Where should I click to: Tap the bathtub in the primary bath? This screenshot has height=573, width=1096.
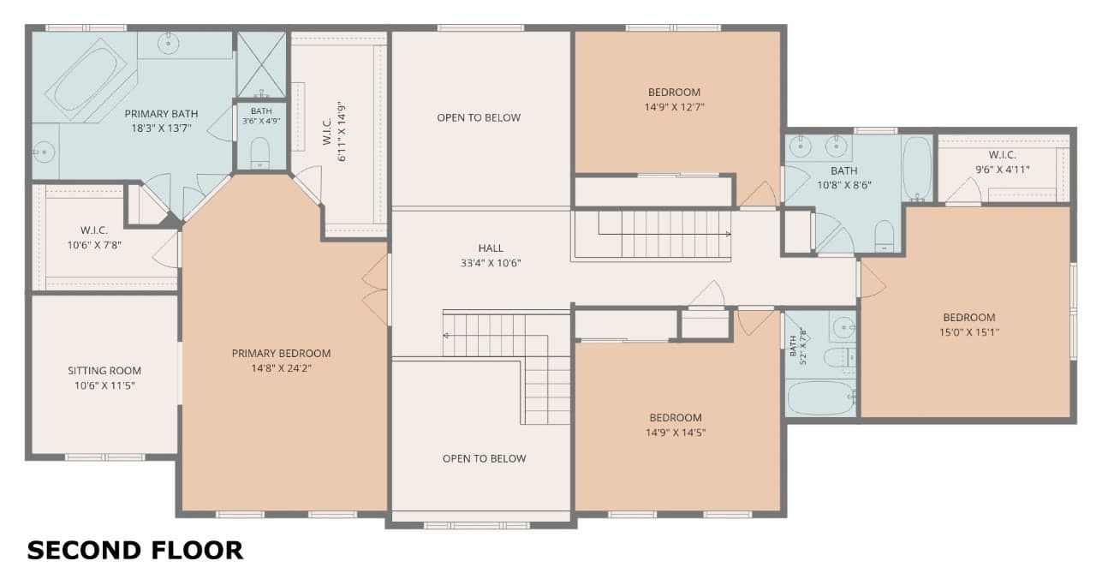[x=86, y=81]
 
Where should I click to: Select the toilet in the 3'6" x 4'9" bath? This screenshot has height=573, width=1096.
[x=259, y=153]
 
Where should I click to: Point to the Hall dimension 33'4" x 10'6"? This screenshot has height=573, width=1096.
[x=491, y=263]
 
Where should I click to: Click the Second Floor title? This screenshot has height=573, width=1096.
[x=135, y=551]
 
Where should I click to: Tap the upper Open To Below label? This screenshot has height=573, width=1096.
[x=479, y=118]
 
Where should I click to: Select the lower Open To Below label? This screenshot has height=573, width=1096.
[x=485, y=459]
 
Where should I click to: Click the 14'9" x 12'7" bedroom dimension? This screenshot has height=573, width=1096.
[x=674, y=107]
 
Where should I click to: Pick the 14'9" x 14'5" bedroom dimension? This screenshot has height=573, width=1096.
[x=676, y=433]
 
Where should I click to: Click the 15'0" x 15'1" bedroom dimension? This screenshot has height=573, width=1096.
[x=968, y=332]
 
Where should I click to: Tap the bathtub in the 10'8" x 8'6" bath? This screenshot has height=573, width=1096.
[x=916, y=168]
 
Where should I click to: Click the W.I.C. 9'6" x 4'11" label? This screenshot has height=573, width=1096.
[x=1002, y=162]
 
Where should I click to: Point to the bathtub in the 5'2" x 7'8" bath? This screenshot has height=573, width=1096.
[x=820, y=398]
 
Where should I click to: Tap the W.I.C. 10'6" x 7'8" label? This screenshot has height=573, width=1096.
[x=94, y=237]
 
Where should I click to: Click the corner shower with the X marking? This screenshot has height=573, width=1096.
[x=261, y=64]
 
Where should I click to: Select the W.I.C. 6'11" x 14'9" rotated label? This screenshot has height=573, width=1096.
[x=335, y=132]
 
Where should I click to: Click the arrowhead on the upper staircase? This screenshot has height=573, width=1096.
[x=729, y=235]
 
